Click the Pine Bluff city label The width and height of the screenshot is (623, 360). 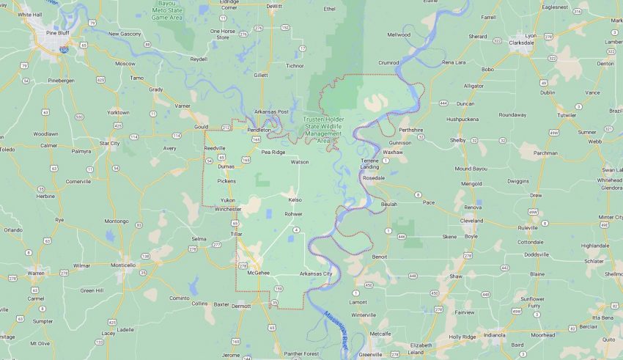[56, 33]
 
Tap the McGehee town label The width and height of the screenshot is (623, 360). [259, 272]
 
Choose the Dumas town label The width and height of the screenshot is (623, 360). [226, 166]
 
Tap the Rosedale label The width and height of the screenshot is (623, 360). [373, 178]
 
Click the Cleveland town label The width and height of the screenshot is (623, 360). [471, 220]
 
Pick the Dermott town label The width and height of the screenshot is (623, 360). [240, 306]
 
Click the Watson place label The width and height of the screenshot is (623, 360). [300, 162]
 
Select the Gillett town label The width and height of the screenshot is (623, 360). [259, 75]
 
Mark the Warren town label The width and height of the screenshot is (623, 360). [36, 273]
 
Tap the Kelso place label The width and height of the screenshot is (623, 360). [295, 199]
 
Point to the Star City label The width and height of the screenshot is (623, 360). [109, 143]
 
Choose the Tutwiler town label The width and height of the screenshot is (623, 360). [567, 115]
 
